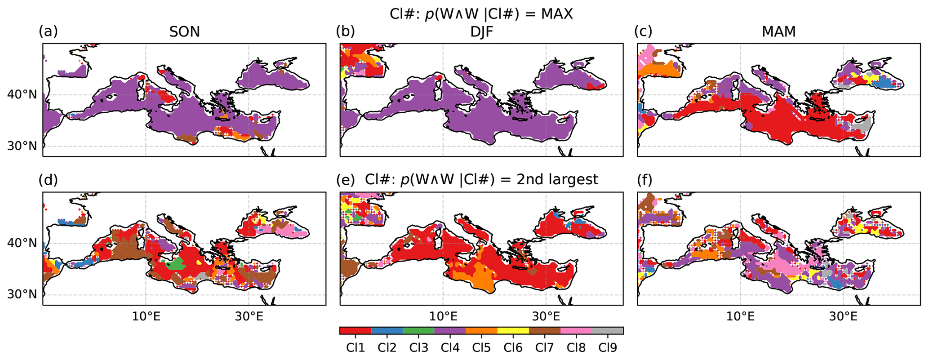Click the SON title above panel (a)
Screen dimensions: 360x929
(x=184, y=32)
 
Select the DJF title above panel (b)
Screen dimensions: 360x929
(x=481, y=32)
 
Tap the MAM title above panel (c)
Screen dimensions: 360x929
(x=779, y=32)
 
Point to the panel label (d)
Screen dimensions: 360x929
(x=48, y=180)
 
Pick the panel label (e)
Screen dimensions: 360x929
(x=346, y=180)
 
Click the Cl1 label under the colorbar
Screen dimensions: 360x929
(x=355, y=347)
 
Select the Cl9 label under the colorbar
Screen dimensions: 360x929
(x=608, y=347)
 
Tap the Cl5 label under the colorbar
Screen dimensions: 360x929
(x=481, y=347)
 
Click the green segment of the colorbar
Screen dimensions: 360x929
(x=418, y=331)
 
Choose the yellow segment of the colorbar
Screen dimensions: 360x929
(x=513, y=331)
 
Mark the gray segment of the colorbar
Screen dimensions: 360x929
(x=608, y=331)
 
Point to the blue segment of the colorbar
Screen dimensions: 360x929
(x=387, y=331)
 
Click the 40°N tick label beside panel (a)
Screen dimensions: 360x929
(x=22, y=95)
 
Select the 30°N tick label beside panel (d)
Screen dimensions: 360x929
(x=22, y=294)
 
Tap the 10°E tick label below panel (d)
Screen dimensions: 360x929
(x=146, y=316)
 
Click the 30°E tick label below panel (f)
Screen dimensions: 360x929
(x=843, y=316)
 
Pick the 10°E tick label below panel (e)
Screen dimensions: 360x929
(x=443, y=316)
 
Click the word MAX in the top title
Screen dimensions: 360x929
(x=557, y=14)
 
